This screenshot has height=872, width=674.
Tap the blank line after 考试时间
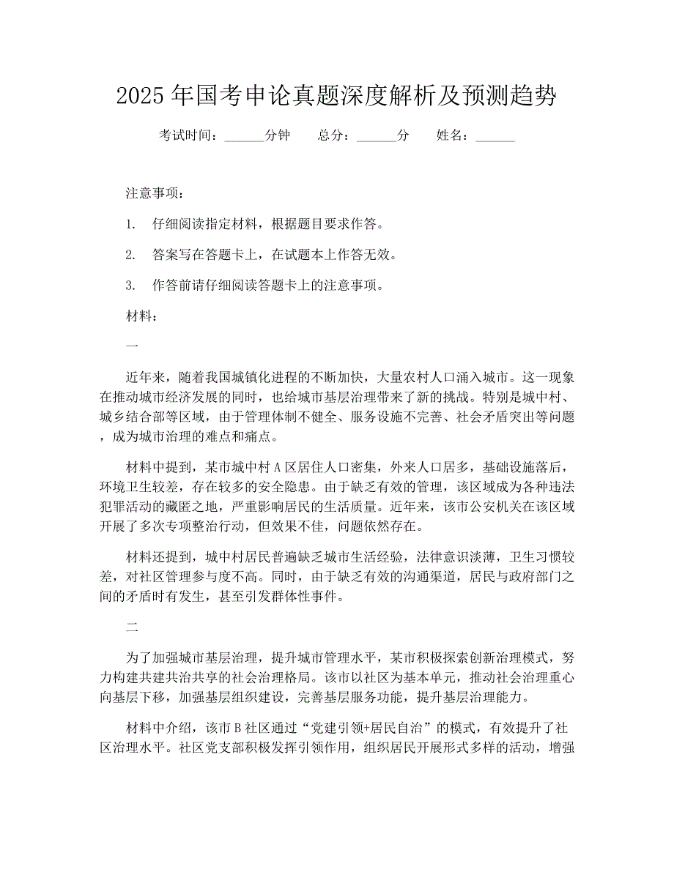click(245, 136)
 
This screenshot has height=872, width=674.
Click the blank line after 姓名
click(495, 136)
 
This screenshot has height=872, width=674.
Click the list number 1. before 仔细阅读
click(131, 224)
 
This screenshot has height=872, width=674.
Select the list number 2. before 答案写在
click(131, 255)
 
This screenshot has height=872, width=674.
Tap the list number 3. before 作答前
click(131, 286)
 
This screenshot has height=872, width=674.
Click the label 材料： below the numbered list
click(141, 316)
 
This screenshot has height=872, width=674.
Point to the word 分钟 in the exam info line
click(277, 135)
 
